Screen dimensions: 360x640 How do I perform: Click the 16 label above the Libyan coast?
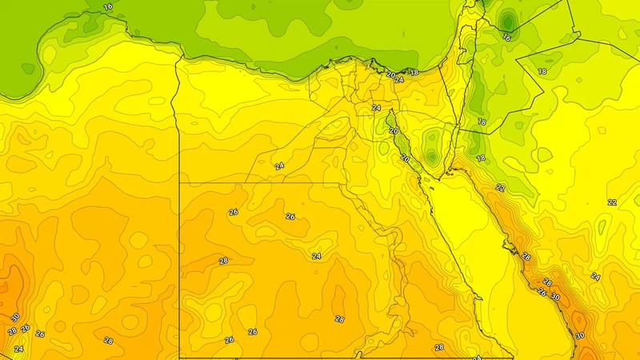tap(109, 6)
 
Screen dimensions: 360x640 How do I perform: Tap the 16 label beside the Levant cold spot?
tap(506, 38)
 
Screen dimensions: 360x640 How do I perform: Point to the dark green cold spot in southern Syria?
tap(507, 19)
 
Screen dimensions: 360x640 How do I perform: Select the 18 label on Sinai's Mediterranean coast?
tap(414, 73)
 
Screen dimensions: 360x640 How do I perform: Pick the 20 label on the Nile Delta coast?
tap(391, 75)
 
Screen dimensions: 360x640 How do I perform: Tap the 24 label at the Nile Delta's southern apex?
tap(376, 107)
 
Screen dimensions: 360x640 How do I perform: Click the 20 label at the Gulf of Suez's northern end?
tap(393, 131)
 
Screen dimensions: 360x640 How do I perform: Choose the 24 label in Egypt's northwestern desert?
tap(279, 166)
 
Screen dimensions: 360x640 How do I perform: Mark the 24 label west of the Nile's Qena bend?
tap(316, 256)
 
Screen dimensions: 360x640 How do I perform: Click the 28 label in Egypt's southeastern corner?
tap(439, 347)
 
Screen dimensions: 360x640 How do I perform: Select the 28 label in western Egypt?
tap(223, 261)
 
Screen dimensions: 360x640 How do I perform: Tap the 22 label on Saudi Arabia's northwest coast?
tap(500, 187)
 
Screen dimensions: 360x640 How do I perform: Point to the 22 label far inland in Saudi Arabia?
tap(612, 202)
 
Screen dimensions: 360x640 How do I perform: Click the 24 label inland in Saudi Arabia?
tap(595, 276)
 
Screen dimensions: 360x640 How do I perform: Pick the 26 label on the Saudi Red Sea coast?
tap(542, 292)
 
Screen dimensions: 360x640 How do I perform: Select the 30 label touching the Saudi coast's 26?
tap(554, 298)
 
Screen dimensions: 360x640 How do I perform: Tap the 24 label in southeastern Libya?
tap(18, 350)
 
